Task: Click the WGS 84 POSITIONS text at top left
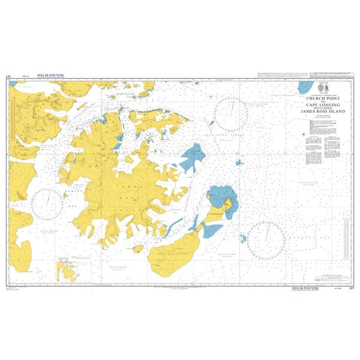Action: (50, 76)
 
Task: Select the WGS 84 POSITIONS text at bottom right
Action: (305, 287)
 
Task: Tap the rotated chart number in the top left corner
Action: (8, 77)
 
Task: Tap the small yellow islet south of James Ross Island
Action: (137, 248)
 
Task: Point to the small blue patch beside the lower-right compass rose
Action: (244, 239)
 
